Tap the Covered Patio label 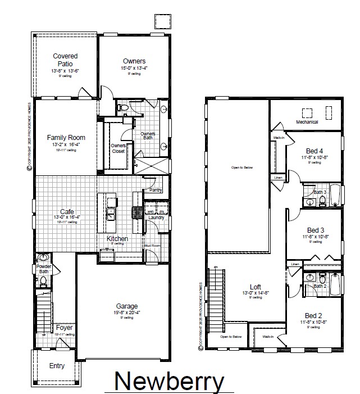click(65, 60)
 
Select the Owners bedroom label click(134, 61)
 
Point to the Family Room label click(66, 137)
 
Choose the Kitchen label click(117, 239)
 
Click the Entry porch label click(57, 365)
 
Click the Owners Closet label click(118, 148)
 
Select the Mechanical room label click(307, 122)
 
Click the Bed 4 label click(314, 151)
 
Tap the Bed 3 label click(316, 230)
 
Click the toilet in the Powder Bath click(43, 280)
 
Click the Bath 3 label click(320, 192)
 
